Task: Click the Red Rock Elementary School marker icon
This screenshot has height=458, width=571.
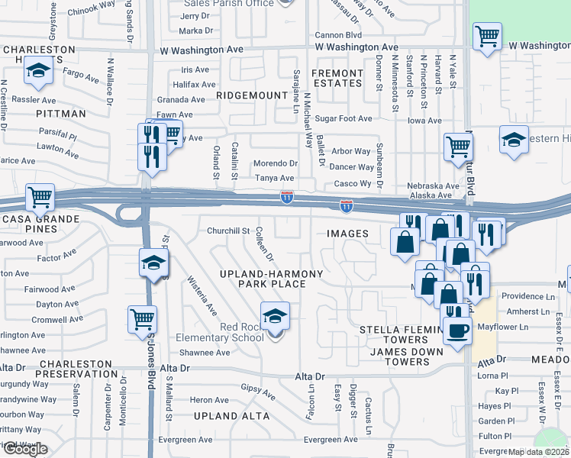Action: coord(275,317)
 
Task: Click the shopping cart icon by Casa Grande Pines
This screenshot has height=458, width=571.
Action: coord(40,198)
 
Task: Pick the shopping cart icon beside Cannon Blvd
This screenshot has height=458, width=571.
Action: coord(486,36)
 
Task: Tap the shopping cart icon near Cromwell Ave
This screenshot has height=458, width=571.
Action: coord(142,319)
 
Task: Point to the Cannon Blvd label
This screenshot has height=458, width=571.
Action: coord(337,35)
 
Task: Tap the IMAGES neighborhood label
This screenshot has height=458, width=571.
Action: coord(348,234)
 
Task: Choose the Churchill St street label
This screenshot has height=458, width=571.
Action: coord(228,231)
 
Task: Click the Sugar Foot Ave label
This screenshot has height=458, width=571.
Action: coord(344,118)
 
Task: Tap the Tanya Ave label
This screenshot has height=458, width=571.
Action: coord(274,178)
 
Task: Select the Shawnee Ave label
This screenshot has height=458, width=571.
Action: coord(205,353)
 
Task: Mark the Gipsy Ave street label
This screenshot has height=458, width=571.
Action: coord(256,389)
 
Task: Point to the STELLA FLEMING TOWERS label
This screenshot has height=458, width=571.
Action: coord(395,334)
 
